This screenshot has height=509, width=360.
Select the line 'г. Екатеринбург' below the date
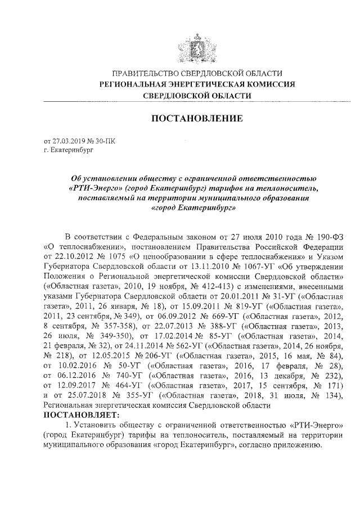tap(67, 151)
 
